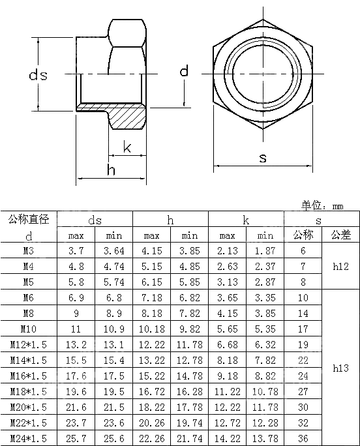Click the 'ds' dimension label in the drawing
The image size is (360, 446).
pyautogui.click(x=38, y=76)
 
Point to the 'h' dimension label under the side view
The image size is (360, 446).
pyautogui.click(x=112, y=170)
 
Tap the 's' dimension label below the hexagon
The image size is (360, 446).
pyautogui.click(x=263, y=158)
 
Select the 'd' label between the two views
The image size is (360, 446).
pyautogui.click(x=184, y=71)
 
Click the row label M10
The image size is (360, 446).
pyautogui.click(x=29, y=329)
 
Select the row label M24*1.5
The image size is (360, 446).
pyautogui.click(x=29, y=438)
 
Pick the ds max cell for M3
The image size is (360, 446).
pyautogui.click(x=76, y=250)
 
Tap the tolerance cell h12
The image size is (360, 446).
pyautogui.click(x=340, y=266)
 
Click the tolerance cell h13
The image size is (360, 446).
pyautogui.click(x=340, y=368)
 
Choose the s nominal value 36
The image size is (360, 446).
pyautogui.click(x=303, y=438)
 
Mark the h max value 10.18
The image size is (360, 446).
pyautogui.click(x=152, y=329)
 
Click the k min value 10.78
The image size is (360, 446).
pyautogui.click(x=265, y=391)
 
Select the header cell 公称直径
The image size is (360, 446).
pyautogui.click(x=29, y=219)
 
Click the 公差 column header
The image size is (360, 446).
pyautogui.click(x=340, y=235)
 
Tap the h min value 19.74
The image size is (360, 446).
pyautogui.click(x=190, y=423)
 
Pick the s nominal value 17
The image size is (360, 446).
pyautogui.click(x=303, y=329)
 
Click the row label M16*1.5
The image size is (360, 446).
pyautogui.click(x=29, y=376)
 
